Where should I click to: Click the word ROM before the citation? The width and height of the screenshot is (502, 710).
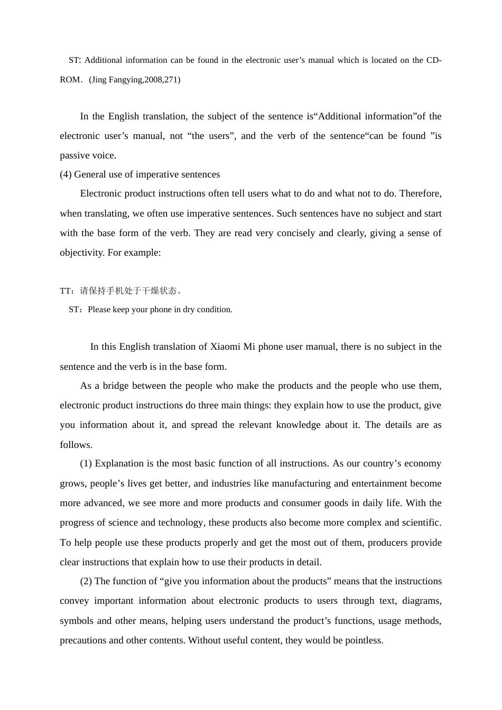70,80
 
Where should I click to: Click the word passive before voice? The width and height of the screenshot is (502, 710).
75,155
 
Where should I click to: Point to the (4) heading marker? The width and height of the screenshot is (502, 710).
66,174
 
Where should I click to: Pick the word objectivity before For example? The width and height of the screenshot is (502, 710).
82,253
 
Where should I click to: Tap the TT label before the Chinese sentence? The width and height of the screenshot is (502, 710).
66,291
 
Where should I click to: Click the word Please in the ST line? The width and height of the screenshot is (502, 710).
99,310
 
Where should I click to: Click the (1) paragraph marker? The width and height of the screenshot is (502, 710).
86,463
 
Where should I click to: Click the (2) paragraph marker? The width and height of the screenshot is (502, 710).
86,581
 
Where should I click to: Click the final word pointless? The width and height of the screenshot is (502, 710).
364,640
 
